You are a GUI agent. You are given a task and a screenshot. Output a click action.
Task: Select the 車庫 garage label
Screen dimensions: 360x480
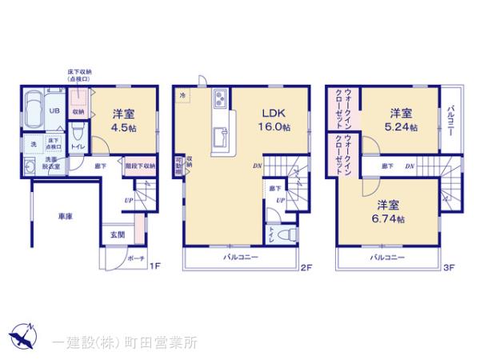(65, 215)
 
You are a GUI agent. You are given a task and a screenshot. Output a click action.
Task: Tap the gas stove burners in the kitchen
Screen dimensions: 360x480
(220, 100)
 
